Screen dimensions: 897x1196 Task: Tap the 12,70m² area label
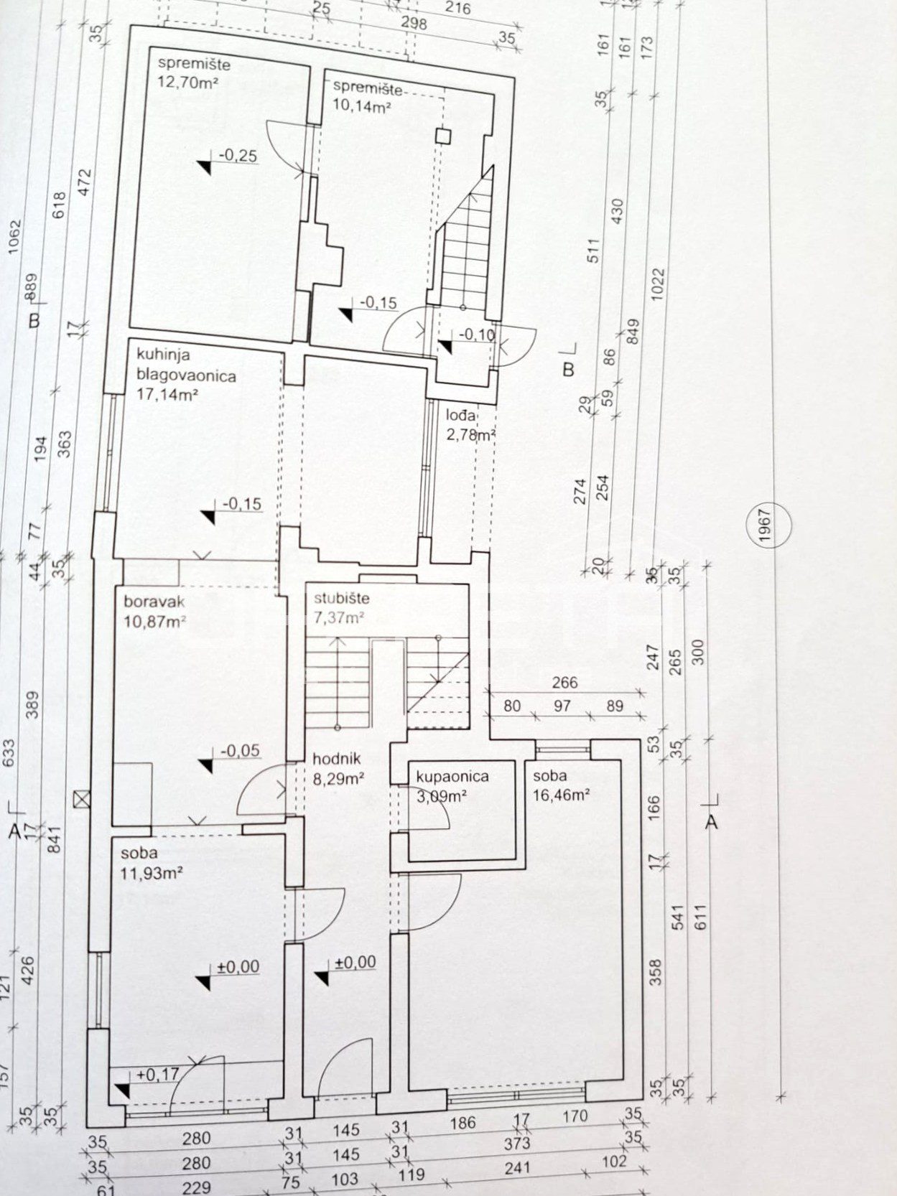click(x=184, y=83)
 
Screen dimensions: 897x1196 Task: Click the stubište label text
click(x=342, y=598)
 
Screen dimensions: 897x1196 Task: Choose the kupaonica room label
click(x=452, y=777)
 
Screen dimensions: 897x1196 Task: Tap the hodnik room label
click(x=337, y=759)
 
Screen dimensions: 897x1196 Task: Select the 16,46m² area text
click(x=562, y=796)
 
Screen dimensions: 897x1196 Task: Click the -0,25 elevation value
click(x=237, y=156)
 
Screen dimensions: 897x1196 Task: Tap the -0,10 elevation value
click(x=478, y=334)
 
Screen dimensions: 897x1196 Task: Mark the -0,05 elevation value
click(x=241, y=751)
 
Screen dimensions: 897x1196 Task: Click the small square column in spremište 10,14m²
click(x=444, y=136)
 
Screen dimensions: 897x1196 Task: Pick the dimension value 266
click(x=565, y=683)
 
